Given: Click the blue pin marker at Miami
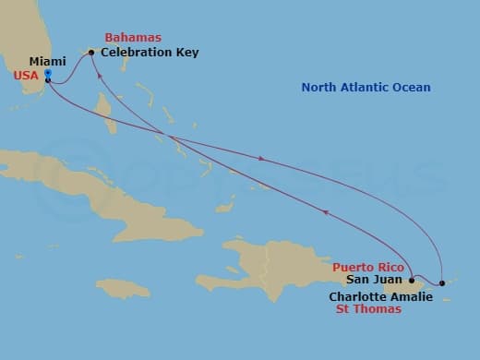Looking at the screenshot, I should (x=47, y=74).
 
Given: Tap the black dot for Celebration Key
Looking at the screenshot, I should (x=91, y=53).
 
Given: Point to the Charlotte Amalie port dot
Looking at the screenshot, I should (x=442, y=282).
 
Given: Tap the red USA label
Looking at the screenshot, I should (x=26, y=76).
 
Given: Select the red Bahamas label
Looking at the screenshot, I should (x=133, y=38).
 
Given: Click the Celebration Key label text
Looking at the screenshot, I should (x=150, y=53).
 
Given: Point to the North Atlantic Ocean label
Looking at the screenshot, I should (x=366, y=88).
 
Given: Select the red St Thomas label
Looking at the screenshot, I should (x=368, y=309).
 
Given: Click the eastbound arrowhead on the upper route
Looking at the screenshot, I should (x=262, y=159).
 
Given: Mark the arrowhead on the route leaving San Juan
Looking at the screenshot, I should (x=325, y=211).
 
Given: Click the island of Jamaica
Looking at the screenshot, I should (x=122, y=288).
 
